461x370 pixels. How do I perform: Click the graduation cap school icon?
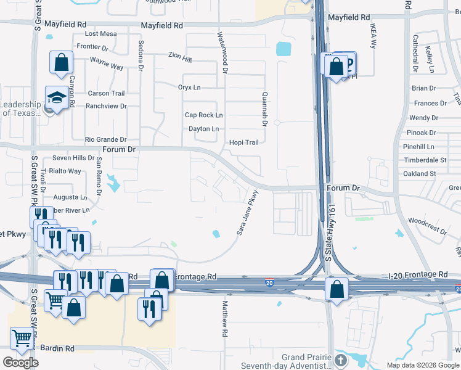[x=57, y=98]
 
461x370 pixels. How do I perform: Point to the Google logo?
[x=20, y=363]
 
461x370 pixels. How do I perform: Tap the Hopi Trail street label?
[x=244, y=142]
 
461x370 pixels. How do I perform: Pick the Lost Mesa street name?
[x=100, y=34]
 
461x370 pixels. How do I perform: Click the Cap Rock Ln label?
[x=203, y=115]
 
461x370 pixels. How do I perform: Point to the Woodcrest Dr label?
[x=427, y=224]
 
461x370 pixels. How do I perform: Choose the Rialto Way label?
[x=65, y=171]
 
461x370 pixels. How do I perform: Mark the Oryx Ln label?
[x=189, y=88]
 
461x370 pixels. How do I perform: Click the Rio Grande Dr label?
[x=105, y=140]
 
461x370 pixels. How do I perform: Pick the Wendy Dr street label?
[x=423, y=118]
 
